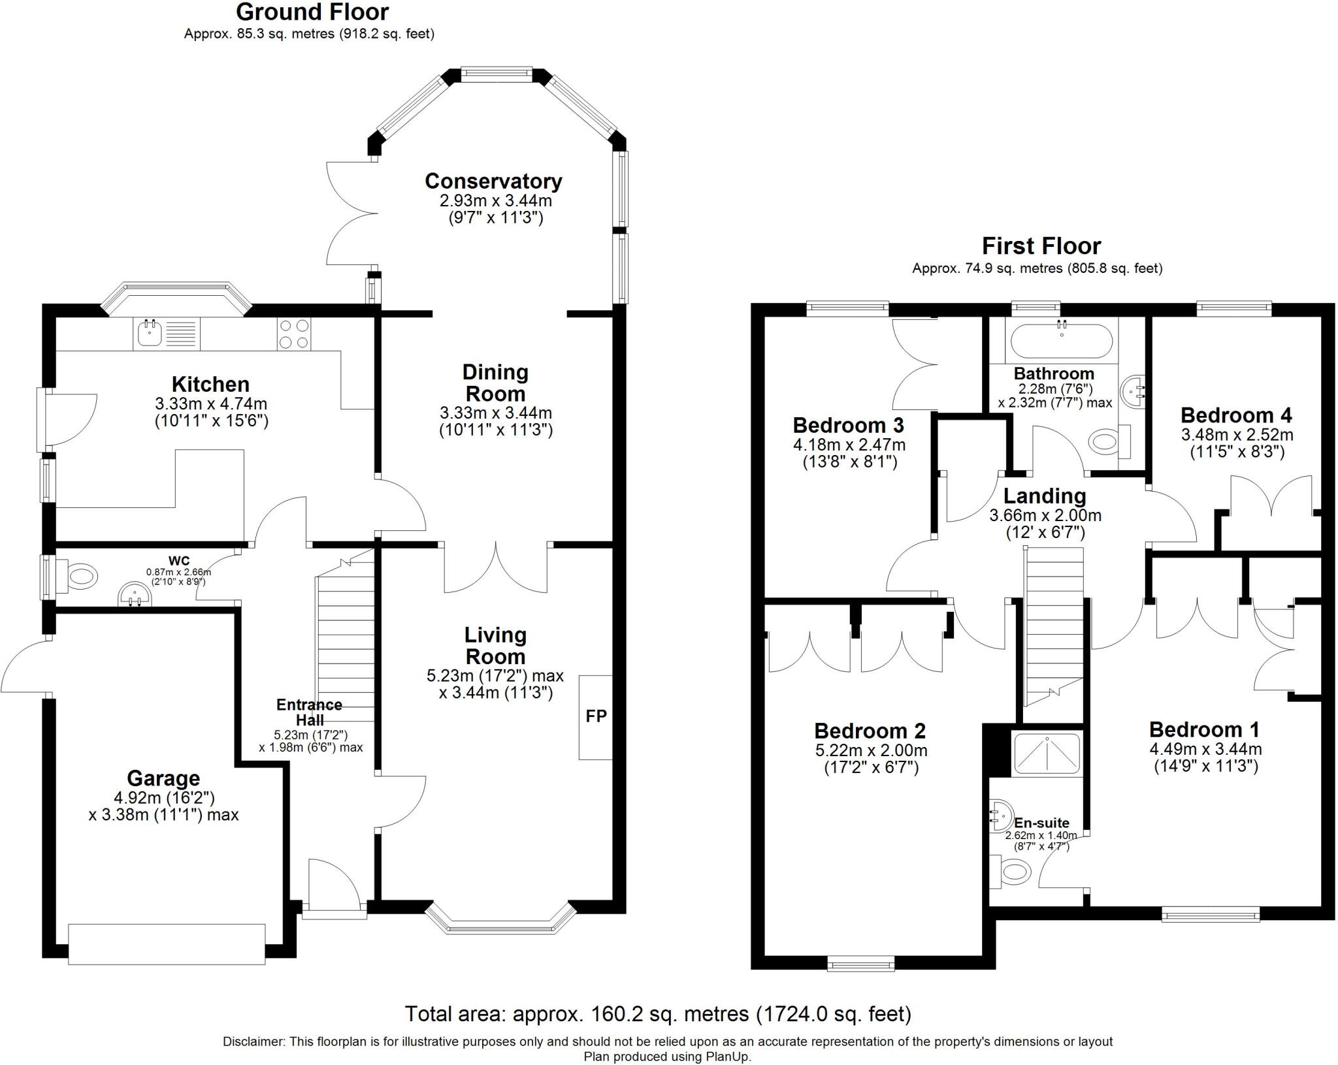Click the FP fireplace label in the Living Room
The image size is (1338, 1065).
coord(596,716)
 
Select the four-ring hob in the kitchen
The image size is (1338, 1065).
coord(294,334)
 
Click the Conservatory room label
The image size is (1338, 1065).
coord(493,181)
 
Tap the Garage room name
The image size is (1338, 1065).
coord(163,778)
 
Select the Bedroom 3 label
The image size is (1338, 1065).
coord(848,425)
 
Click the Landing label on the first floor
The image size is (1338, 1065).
coord(1045,496)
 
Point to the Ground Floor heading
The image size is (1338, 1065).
coord(312,12)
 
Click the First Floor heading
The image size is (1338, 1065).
coord(1041,246)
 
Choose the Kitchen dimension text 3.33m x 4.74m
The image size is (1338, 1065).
coord(211,404)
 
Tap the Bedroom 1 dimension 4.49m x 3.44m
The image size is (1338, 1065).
coord(1205,749)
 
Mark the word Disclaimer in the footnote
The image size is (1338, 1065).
coord(253,1041)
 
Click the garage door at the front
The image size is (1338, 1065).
coord(167,944)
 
